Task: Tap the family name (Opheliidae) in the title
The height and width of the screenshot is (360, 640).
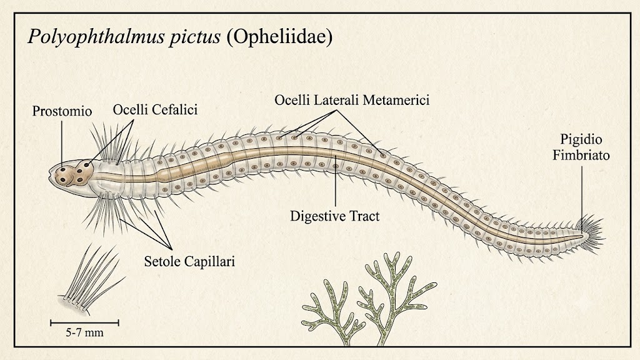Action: [279, 37]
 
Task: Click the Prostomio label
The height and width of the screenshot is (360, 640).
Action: [62, 111]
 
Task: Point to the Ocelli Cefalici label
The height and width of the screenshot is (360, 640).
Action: [155, 109]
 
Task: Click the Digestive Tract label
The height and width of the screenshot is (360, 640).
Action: [335, 216]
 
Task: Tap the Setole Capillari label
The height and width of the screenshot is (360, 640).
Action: [189, 261]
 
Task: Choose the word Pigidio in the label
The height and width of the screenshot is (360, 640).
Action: [581, 140]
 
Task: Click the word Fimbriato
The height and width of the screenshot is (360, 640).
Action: [581, 155]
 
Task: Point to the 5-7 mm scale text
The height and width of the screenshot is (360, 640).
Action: [85, 332]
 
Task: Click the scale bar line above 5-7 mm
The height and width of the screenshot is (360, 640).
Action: [84, 323]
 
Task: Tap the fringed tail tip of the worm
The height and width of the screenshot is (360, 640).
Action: [592, 235]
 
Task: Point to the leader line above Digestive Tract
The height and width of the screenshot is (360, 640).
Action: [336, 181]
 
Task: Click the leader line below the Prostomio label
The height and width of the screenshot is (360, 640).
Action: [62, 144]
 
